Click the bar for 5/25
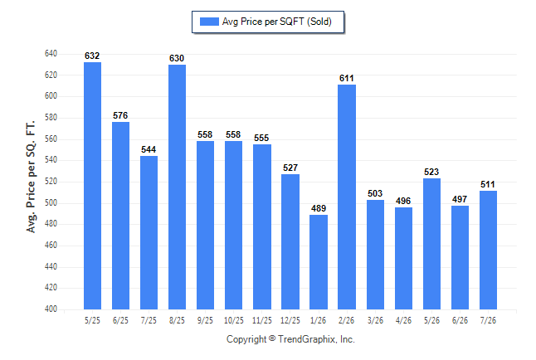pos(92,186)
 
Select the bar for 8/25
pos(177,187)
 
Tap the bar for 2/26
pos(347,197)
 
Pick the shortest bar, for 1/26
pos(319,262)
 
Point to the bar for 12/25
pos(290,241)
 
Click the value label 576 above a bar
pos(120,115)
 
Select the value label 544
pos(149,149)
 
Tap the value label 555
pos(261,138)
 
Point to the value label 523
pos(431,172)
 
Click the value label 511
pos(488,184)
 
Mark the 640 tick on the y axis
pos(51,53)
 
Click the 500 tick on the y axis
pos(51,202)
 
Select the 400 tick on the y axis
pos(51,309)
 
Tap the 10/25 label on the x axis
pos(234,320)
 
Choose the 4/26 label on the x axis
pos(403,320)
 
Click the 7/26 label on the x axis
pos(488,320)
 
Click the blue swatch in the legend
pos(209,22)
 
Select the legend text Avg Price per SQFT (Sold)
pos(277,22)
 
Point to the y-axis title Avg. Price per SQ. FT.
pos(31,177)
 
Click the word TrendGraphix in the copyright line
pos(307,339)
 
